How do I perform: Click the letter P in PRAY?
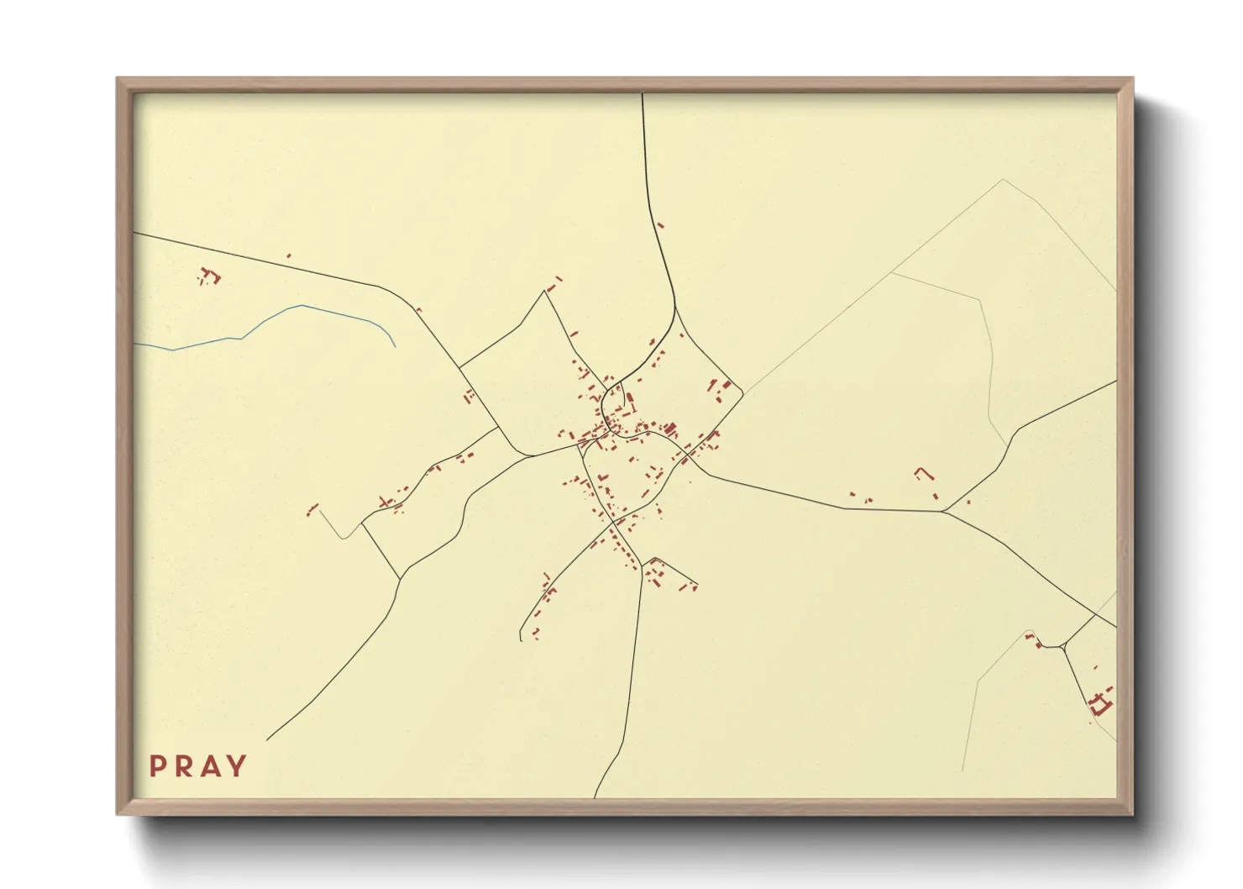point(157,766)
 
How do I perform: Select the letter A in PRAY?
point(212,766)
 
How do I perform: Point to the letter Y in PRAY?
point(239,766)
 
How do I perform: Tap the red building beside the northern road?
point(660,225)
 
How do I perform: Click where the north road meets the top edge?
point(642,94)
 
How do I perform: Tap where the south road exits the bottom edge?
point(595,797)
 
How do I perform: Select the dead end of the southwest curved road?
point(522,640)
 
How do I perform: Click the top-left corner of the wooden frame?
point(118,78)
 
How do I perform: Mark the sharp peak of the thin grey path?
point(1003,180)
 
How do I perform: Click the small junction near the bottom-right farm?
point(1063,646)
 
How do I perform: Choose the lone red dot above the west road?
point(288,255)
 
